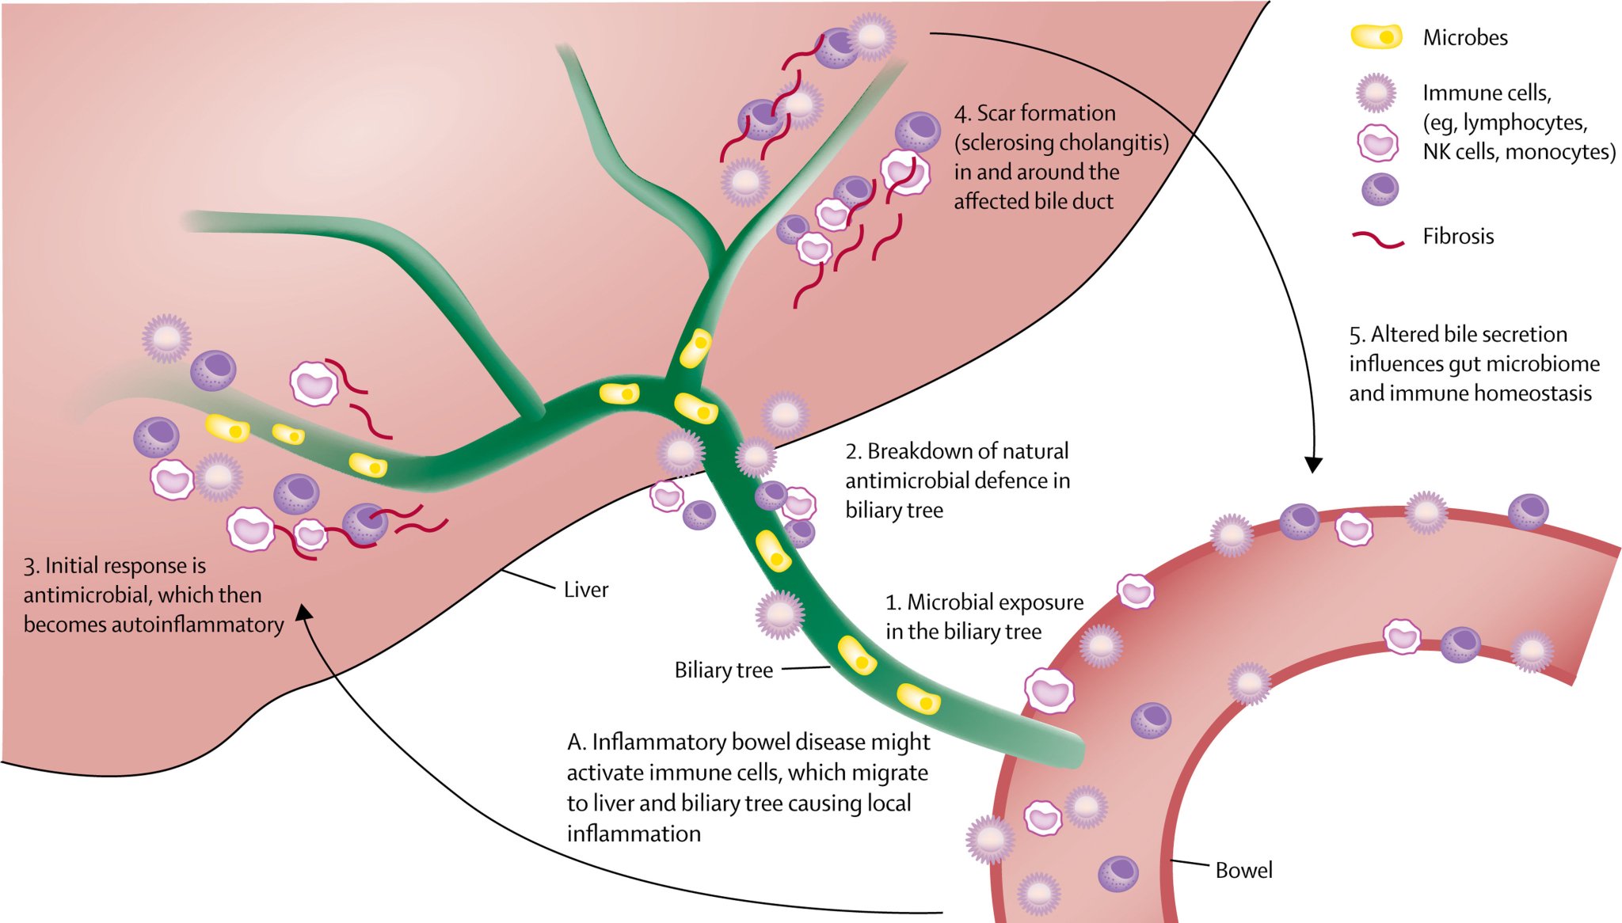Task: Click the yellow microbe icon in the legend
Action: pyautogui.click(x=1376, y=36)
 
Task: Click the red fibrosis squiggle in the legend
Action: pyautogui.click(x=1378, y=238)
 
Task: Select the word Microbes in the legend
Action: pyautogui.click(x=1464, y=37)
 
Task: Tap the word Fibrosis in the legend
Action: pyautogui.click(x=1457, y=236)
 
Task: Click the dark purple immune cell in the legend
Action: pyautogui.click(x=1380, y=189)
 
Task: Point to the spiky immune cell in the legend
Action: pyautogui.click(x=1376, y=93)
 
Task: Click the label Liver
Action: pyautogui.click(x=585, y=590)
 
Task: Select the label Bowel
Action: pyautogui.click(x=1243, y=871)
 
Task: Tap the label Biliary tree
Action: pyautogui.click(x=723, y=670)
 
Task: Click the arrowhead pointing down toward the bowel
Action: pyautogui.click(x=1313, y=465)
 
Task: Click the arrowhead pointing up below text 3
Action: pyautogui.click(x=304, y=613)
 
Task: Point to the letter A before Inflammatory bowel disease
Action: pyautogui.click(x=576, y=743)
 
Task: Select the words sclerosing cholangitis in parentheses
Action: pyautogui.click(x=1061, y=143)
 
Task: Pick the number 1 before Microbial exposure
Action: pyautogui.click(x=892, y=603)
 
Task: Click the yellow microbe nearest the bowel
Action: pyautogui.click(x=918, y=700)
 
